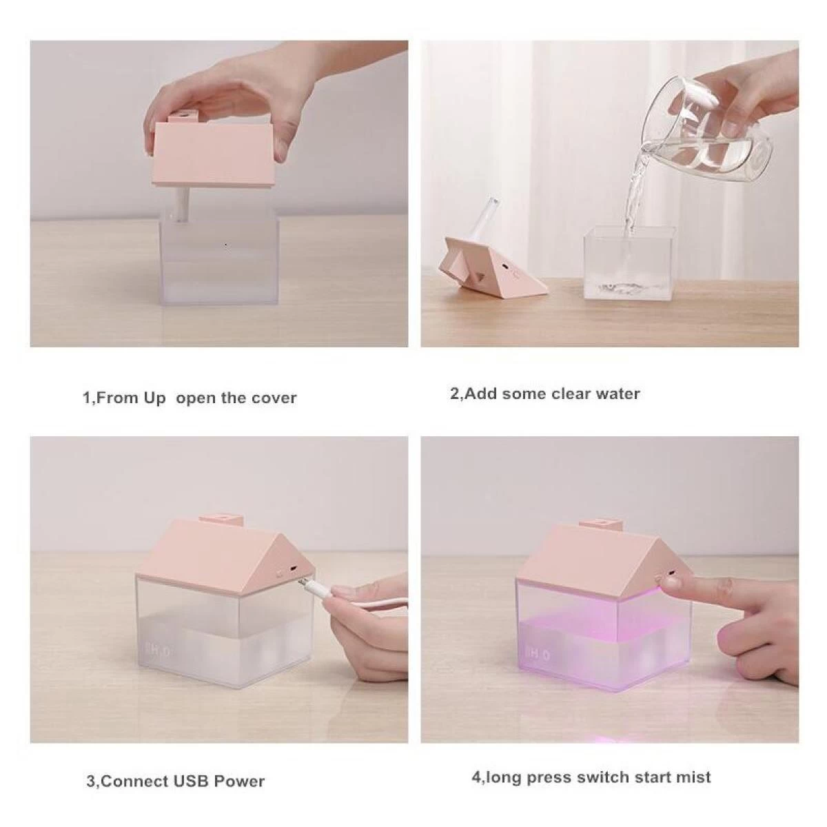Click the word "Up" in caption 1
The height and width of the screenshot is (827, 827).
tap(154, 399)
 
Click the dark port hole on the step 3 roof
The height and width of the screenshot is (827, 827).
tap(293, 569)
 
